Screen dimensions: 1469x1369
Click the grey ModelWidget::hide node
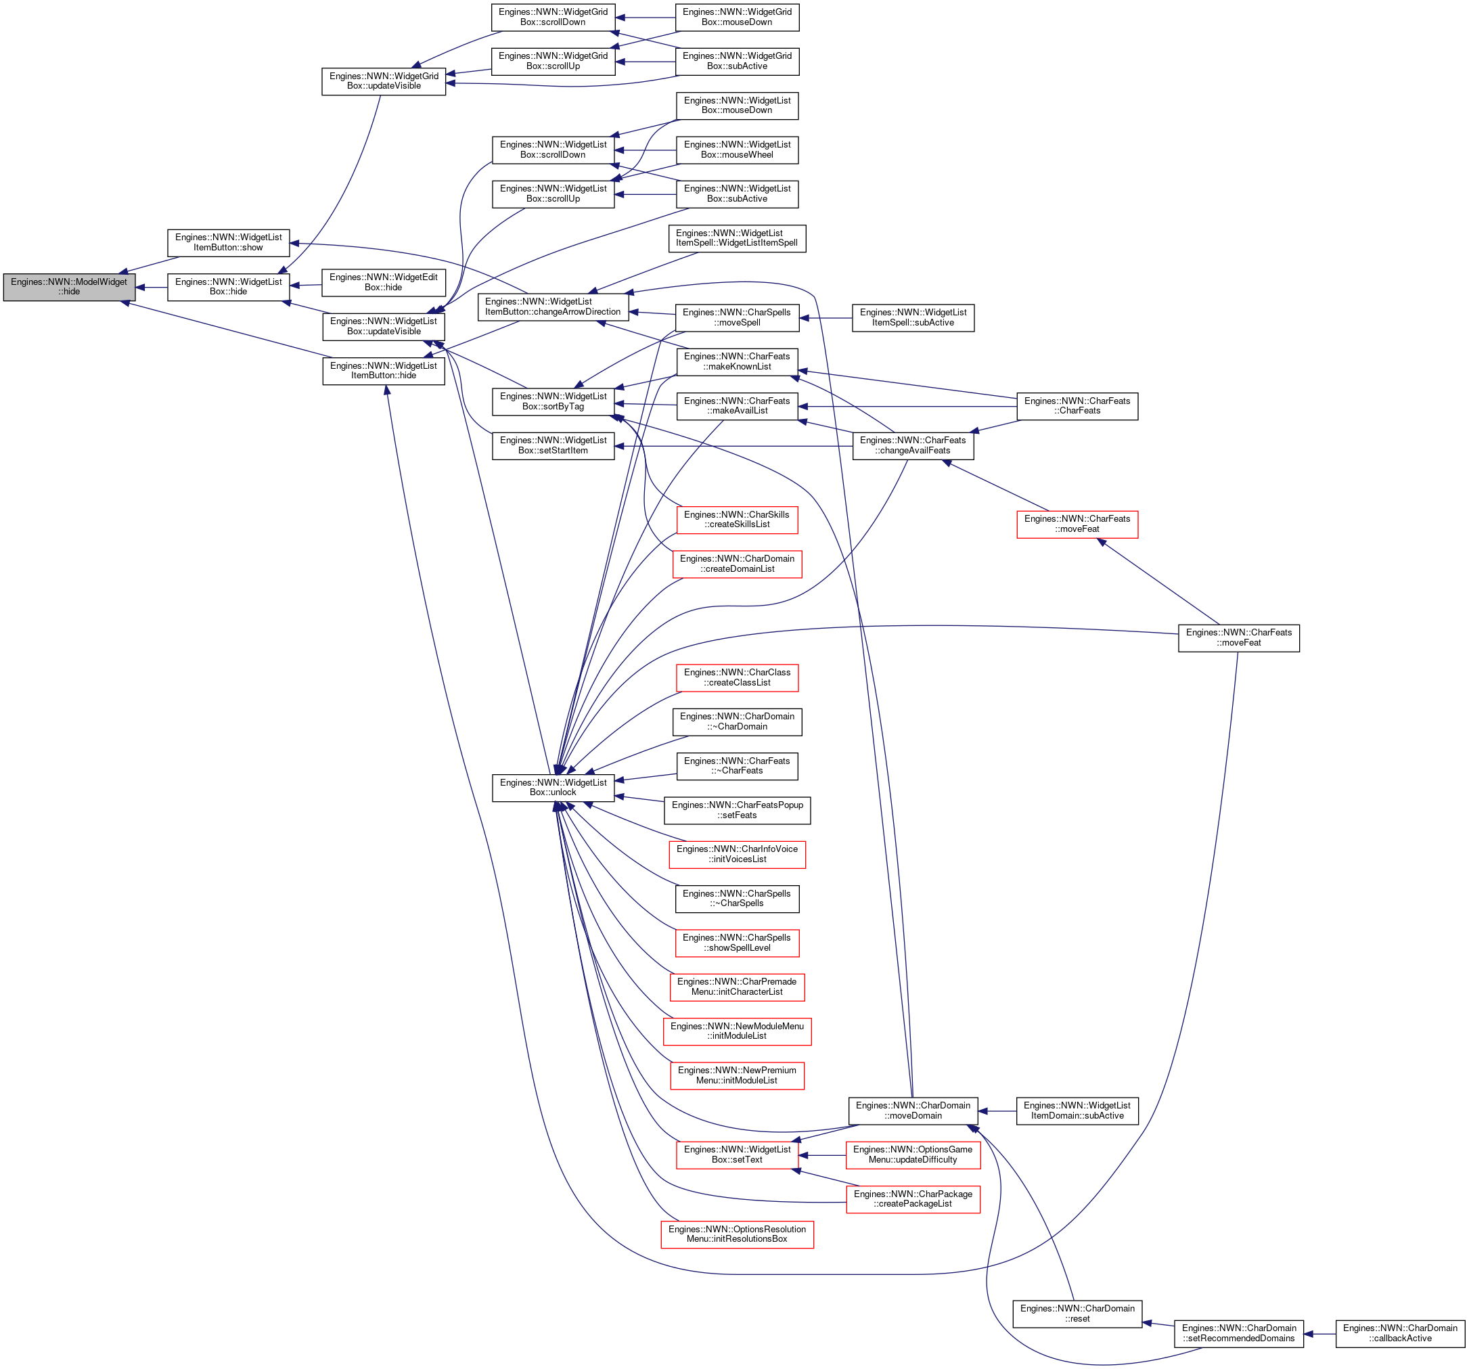click(70, 287)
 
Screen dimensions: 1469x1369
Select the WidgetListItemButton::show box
click(228, 242)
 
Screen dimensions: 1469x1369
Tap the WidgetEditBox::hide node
click(384, 282)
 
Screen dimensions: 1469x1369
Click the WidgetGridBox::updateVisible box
click(384, 81)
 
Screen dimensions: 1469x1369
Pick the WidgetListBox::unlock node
click(553, 787)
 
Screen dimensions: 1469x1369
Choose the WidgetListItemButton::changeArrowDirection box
click(553, 307)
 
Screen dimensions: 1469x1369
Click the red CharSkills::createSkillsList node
click(737, 520)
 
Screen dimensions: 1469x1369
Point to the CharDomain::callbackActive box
click(1400, 1334)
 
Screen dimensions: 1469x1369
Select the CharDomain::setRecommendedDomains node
click(1239, 1334)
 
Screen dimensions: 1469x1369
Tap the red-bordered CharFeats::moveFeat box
click(1077, 524)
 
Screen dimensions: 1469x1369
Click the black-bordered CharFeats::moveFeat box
click(1239, 638)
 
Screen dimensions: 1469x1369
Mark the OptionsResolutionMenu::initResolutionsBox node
click(738, 1234)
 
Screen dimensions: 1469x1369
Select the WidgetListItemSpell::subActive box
click(913, 318)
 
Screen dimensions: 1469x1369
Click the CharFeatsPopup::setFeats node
click(738, 810)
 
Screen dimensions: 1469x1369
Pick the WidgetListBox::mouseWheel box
click(738, 150)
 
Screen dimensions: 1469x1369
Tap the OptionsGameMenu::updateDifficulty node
click(913, 1154)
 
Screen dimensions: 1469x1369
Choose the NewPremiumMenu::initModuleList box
click(738, 1075)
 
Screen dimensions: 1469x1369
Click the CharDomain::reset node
click(1077, 1314)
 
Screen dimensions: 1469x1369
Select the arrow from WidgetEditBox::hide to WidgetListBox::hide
click(306, 286)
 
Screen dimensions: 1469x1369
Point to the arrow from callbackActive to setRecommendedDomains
click(1319, 1334)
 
